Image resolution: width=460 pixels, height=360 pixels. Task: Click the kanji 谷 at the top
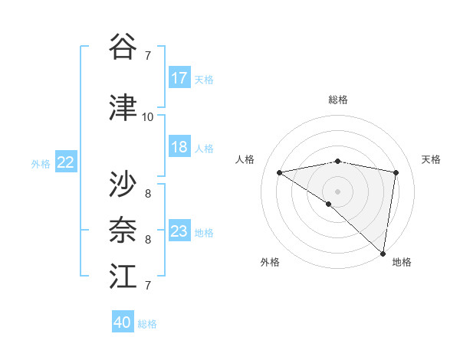(x=123, y=47)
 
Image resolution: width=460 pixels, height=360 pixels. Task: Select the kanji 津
(x=123, y=108)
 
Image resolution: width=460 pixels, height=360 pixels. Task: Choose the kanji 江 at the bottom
(x=123, y=277)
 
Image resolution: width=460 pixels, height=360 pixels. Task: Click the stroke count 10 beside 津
(x=147, y=117)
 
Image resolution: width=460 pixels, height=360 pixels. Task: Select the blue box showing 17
(x=179, y=78)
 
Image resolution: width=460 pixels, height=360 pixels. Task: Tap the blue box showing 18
(x=179, y=147)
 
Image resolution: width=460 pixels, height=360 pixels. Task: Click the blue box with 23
(x=179, y=231)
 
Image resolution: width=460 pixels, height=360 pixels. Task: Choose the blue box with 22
(x=66, y=162)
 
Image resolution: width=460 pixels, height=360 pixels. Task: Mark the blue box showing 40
(x=123, y=322)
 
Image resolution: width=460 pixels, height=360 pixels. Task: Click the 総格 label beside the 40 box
(x=148, y=324)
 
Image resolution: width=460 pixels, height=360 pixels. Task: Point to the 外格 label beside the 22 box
(x=41, y=163)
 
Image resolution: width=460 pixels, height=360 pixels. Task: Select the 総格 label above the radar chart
(x=338, y=100)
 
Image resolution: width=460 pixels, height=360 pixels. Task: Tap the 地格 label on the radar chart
(x=402, y=262)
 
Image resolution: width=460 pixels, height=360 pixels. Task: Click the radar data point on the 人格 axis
(x=280, y=172)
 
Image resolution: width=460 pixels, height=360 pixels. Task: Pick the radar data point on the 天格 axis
(x=396, y=172)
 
